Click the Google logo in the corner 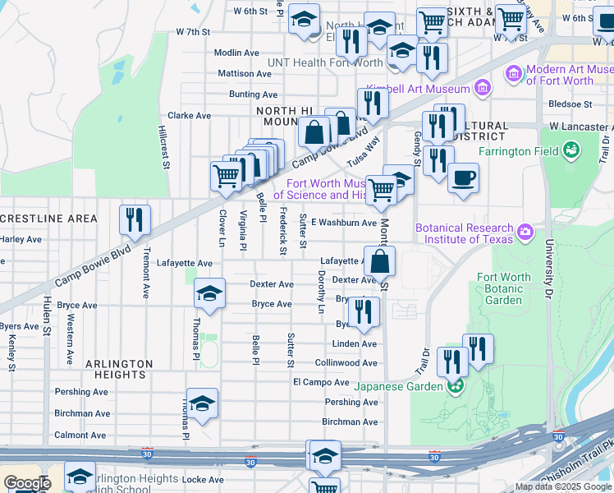point(26,483)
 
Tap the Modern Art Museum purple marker point(515,75)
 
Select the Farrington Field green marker point(570,150)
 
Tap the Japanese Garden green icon point(453,385)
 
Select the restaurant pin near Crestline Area point(135,219)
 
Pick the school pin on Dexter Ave point(209,293)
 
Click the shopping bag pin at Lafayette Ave point(379,262)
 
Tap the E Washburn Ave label point(344,222)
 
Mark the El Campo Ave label point(321,382)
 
